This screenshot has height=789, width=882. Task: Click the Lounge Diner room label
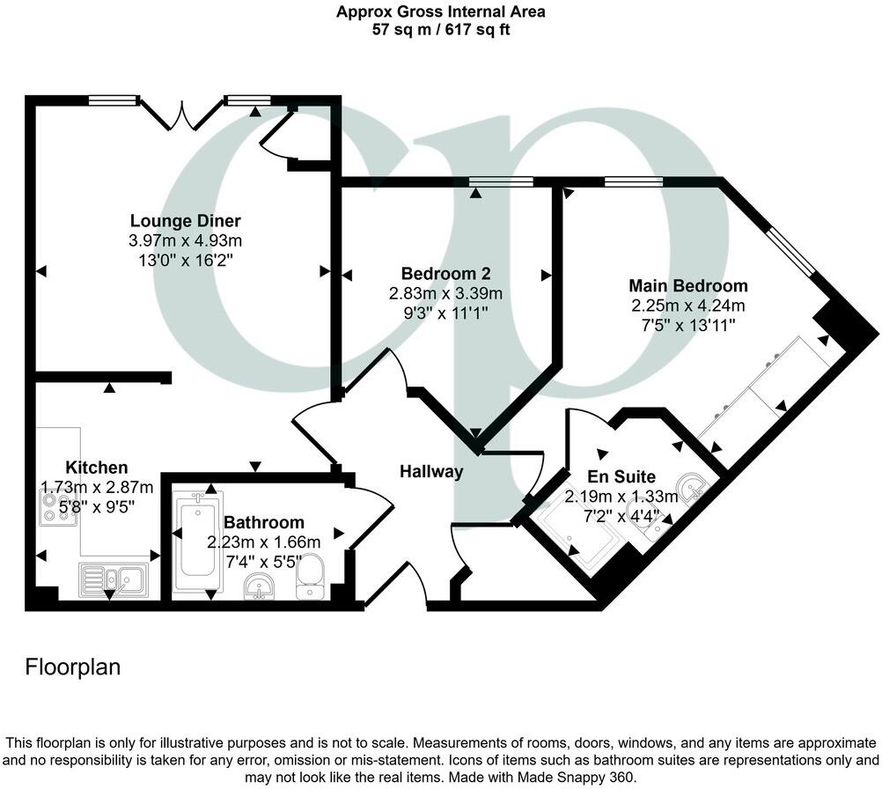185,220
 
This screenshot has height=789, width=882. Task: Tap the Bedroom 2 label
445,272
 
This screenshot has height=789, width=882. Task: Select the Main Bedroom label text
687,285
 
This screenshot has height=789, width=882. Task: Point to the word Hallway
431,472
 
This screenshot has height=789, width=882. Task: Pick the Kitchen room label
97,467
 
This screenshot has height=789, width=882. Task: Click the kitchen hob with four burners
58,508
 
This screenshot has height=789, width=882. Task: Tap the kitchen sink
114,579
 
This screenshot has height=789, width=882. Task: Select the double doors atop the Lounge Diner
182,114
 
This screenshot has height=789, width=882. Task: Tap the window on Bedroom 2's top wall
501,181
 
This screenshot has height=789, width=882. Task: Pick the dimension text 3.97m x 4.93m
185,240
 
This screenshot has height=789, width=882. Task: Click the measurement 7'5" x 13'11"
687,325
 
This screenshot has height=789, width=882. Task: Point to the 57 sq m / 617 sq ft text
440,29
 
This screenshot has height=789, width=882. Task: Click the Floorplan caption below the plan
72,667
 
